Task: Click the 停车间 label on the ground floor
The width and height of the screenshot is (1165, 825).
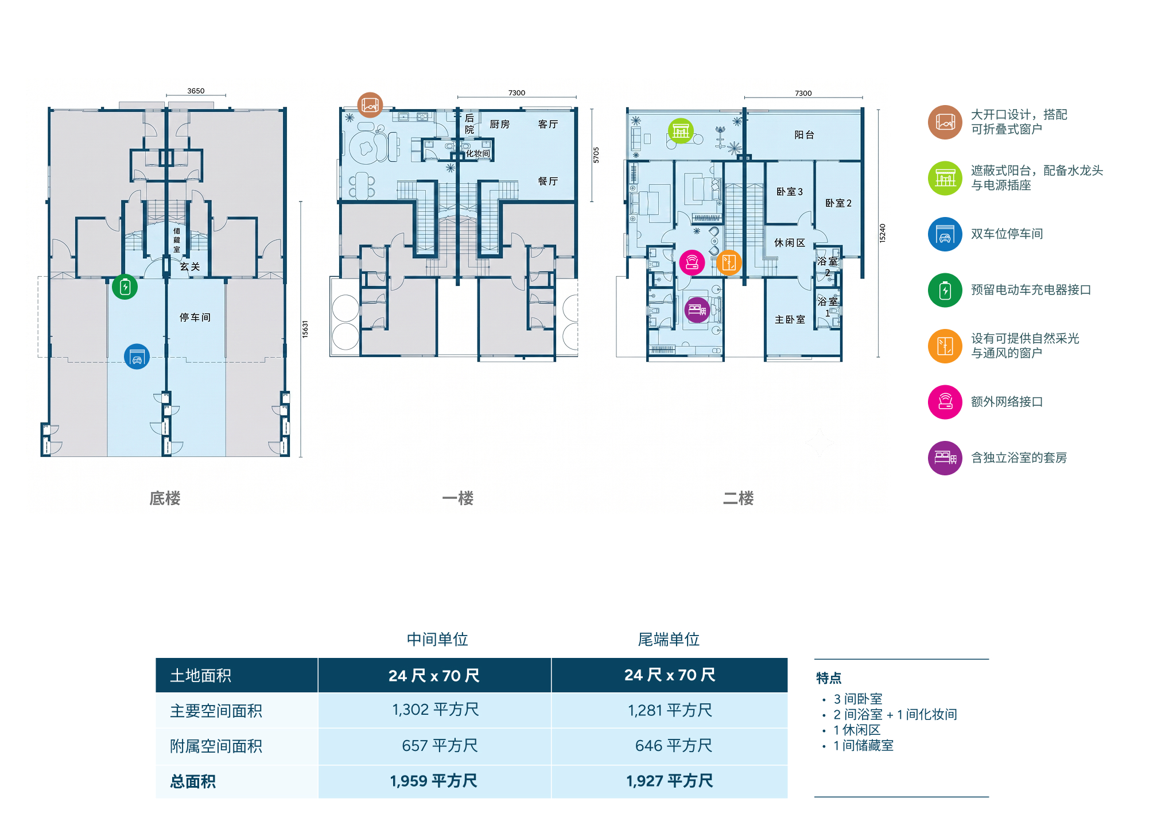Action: point(195,317)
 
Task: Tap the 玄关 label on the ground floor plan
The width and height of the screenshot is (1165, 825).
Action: point(190,267)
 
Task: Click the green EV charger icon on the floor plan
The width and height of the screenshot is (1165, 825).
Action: point(125,286)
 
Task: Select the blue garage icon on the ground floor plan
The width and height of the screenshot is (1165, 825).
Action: point(137,357)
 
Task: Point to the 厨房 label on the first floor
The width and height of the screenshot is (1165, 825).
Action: point(499,124)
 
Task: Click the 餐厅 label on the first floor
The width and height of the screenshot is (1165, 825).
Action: point(548,181)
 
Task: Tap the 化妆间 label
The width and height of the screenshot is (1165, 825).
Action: point(477,153)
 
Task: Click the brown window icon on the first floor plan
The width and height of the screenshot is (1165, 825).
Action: point(370,105)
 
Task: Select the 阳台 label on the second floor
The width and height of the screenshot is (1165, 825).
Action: point(804,135)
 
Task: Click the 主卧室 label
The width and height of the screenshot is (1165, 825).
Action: point(790,320)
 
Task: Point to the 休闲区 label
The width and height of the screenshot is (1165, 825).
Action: point(790,243)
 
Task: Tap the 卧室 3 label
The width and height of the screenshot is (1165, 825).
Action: point(790,192)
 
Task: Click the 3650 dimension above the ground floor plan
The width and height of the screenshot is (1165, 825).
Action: point(196,91)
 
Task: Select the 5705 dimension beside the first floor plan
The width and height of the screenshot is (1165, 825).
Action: point(596,155)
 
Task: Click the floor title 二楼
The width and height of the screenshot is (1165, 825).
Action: point(739,498)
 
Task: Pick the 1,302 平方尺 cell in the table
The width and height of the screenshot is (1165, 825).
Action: point(435,710)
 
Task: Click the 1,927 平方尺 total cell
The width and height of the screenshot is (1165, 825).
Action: point(669,781)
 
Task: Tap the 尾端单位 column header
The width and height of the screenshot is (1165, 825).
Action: point(669,639)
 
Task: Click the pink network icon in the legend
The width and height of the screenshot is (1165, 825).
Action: point(945,402)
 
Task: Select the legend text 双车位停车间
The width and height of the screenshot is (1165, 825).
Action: point(1007,234)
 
